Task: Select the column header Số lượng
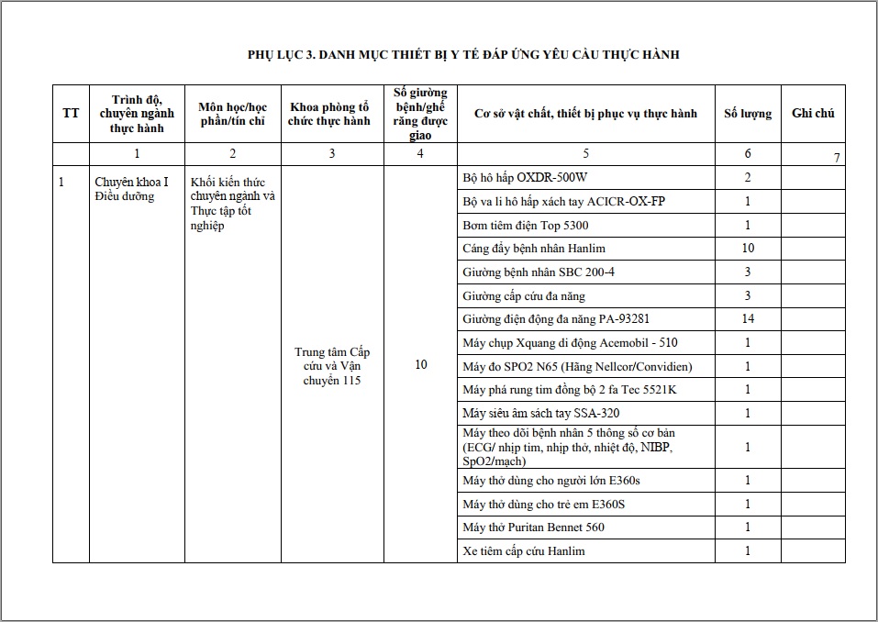coord(748,114)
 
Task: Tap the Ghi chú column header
coord(813,114)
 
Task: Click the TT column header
coord(71,114)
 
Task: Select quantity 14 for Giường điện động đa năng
coord(748,319)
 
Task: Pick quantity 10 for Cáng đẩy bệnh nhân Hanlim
coord(748,249)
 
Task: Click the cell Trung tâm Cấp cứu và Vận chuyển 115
coord(332,366)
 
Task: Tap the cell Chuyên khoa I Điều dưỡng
coord(131,189)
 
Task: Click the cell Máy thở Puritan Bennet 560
coord(533,528)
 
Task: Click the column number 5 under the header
coord(586,154)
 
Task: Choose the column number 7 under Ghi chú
coord(837,158)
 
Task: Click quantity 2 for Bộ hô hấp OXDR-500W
coord(748,178)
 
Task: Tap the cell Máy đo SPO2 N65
coord(577,367)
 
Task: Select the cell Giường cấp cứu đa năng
coord(524,296)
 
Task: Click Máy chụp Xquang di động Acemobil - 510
coord(570,343)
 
